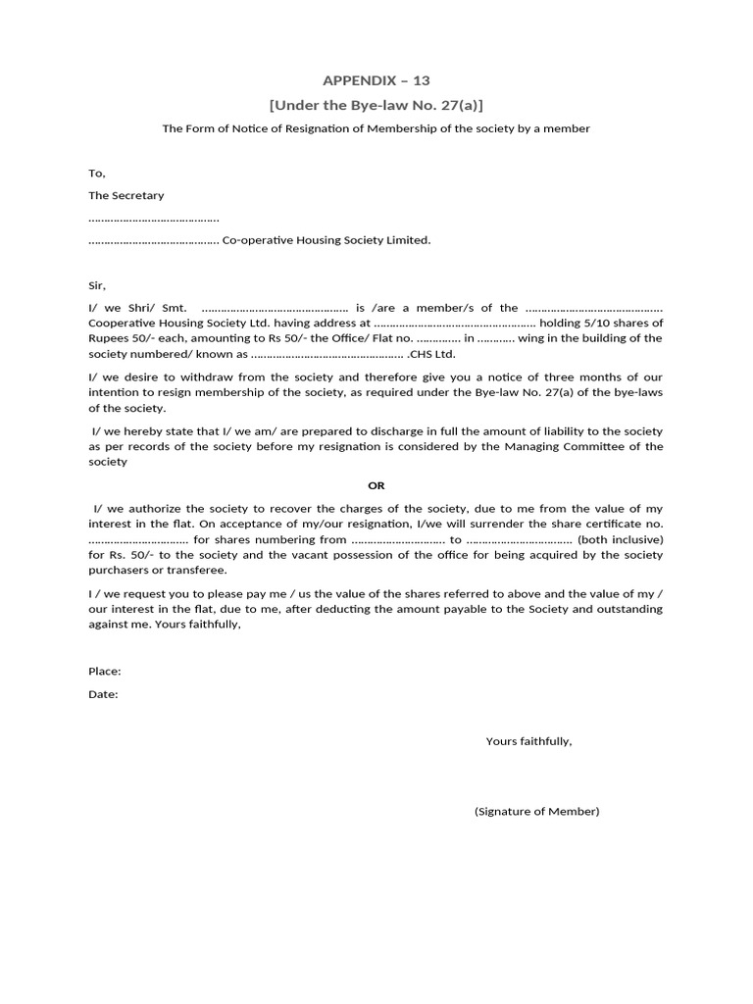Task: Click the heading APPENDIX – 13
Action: (x=376, y=80)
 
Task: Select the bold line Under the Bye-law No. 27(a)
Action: (x=376, y=105)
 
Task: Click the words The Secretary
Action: (x=126, y=196)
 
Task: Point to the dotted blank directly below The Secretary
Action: (x=153, y=218)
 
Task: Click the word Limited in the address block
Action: (x=409, y=240)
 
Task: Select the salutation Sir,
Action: (x=96, y=285)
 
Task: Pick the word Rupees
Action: (x=108, y=338)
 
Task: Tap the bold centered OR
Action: (x=376, y=485)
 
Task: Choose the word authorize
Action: (x=154, y=509)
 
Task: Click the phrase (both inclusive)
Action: (x=620, y=539)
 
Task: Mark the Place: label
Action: (x=105, y=672)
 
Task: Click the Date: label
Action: (x=103, y=694)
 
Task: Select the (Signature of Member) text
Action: (x=536, y=812)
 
